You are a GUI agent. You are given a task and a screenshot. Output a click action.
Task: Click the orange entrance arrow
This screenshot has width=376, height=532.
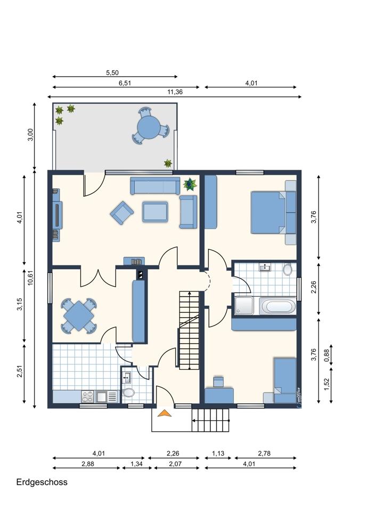click(x=165, y=413)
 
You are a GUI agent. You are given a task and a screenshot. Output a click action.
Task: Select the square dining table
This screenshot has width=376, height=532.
click(x=78, y=315)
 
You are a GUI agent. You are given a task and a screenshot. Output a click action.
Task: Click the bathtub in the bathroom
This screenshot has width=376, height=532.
click(x=277, y=306)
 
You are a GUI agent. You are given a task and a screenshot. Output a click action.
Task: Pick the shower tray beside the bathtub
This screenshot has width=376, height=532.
click(x=243, y=306)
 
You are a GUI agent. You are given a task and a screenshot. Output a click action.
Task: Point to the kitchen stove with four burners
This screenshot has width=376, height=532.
click(x=88, y=396)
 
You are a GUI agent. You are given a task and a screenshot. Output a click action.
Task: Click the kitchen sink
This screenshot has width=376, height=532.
click(x=102, y=396)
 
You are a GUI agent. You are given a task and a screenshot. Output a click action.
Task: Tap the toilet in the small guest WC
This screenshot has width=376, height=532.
click(x=128, y=393)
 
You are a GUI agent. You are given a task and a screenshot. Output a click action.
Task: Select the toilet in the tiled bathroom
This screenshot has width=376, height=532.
click(x=288, y=269)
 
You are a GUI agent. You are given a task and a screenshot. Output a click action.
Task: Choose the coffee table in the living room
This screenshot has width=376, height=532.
click(x=155, y=212)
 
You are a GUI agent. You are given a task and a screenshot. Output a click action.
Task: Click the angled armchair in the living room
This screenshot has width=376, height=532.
click(x=121, y=212)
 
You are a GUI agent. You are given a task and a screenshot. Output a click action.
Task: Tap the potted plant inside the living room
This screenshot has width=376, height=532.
click(x=190, y=185)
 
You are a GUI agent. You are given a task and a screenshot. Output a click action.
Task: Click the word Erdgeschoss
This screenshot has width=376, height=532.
click(x=42, y=482)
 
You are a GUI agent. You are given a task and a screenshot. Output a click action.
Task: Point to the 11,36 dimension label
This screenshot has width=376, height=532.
click(x=175, y=92)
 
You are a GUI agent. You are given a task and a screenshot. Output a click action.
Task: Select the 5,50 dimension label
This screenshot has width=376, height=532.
click(x=112, y=72)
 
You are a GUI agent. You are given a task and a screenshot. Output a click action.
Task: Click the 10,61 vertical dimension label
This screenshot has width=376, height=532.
click(x=30, y=278)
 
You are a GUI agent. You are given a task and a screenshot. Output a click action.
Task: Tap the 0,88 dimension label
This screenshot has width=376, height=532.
click(x=327, y=354)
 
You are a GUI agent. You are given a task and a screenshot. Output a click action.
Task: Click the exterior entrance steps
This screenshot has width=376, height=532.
click(x=210, y=420)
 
